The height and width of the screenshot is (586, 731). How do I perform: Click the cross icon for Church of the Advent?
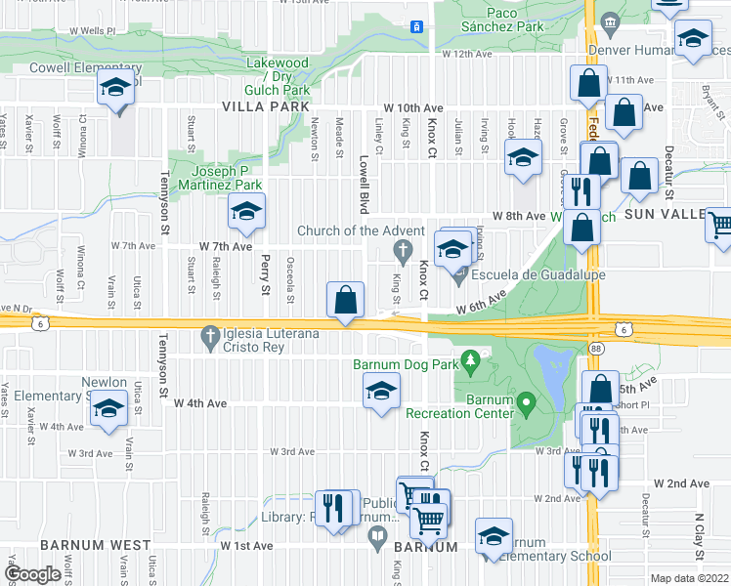(x=401, y=253)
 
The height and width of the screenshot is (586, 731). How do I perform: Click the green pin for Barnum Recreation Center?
(x=526, y=401)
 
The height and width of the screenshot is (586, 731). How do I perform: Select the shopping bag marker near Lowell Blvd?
(x=346, y=299)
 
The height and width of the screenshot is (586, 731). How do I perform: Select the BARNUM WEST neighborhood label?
(x=96, y=545)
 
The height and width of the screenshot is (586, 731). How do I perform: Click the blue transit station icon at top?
(x=417, y=26)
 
